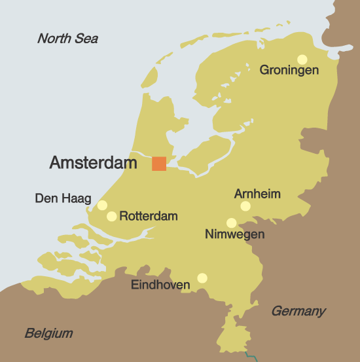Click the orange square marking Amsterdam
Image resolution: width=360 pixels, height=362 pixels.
[x=159, y=164]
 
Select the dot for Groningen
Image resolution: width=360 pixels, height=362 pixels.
[x=302, y=59]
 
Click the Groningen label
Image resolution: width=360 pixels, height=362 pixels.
[x=289, y=70]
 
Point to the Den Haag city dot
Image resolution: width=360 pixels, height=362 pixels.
[x=102, y=206]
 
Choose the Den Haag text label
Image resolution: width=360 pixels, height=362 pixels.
[x=63, y=198]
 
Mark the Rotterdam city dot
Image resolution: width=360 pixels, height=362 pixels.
[x=112, y=216]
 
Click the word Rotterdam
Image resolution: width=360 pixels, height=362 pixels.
[x=149, y=216]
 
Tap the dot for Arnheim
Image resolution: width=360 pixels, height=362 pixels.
[x=245, y=206]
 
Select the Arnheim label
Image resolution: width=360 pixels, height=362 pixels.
[x=257, y=194]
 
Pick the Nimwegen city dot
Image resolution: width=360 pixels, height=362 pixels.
[x=231, y=223]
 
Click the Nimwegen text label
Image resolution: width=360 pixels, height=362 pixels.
[x=234, y=234]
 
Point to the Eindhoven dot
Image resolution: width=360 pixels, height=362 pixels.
[x=202, y=278]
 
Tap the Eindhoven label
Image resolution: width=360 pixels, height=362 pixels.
[x=161, y=285]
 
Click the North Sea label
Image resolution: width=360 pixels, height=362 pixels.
[x=67, y=39]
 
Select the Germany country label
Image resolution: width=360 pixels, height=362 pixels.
[x=298, y=311]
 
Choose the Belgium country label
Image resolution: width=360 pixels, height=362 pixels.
[x=48, y=333]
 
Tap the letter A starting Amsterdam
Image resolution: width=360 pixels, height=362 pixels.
[x=56, y=163]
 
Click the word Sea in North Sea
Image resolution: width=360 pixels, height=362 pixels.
[x=86, y=39]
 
